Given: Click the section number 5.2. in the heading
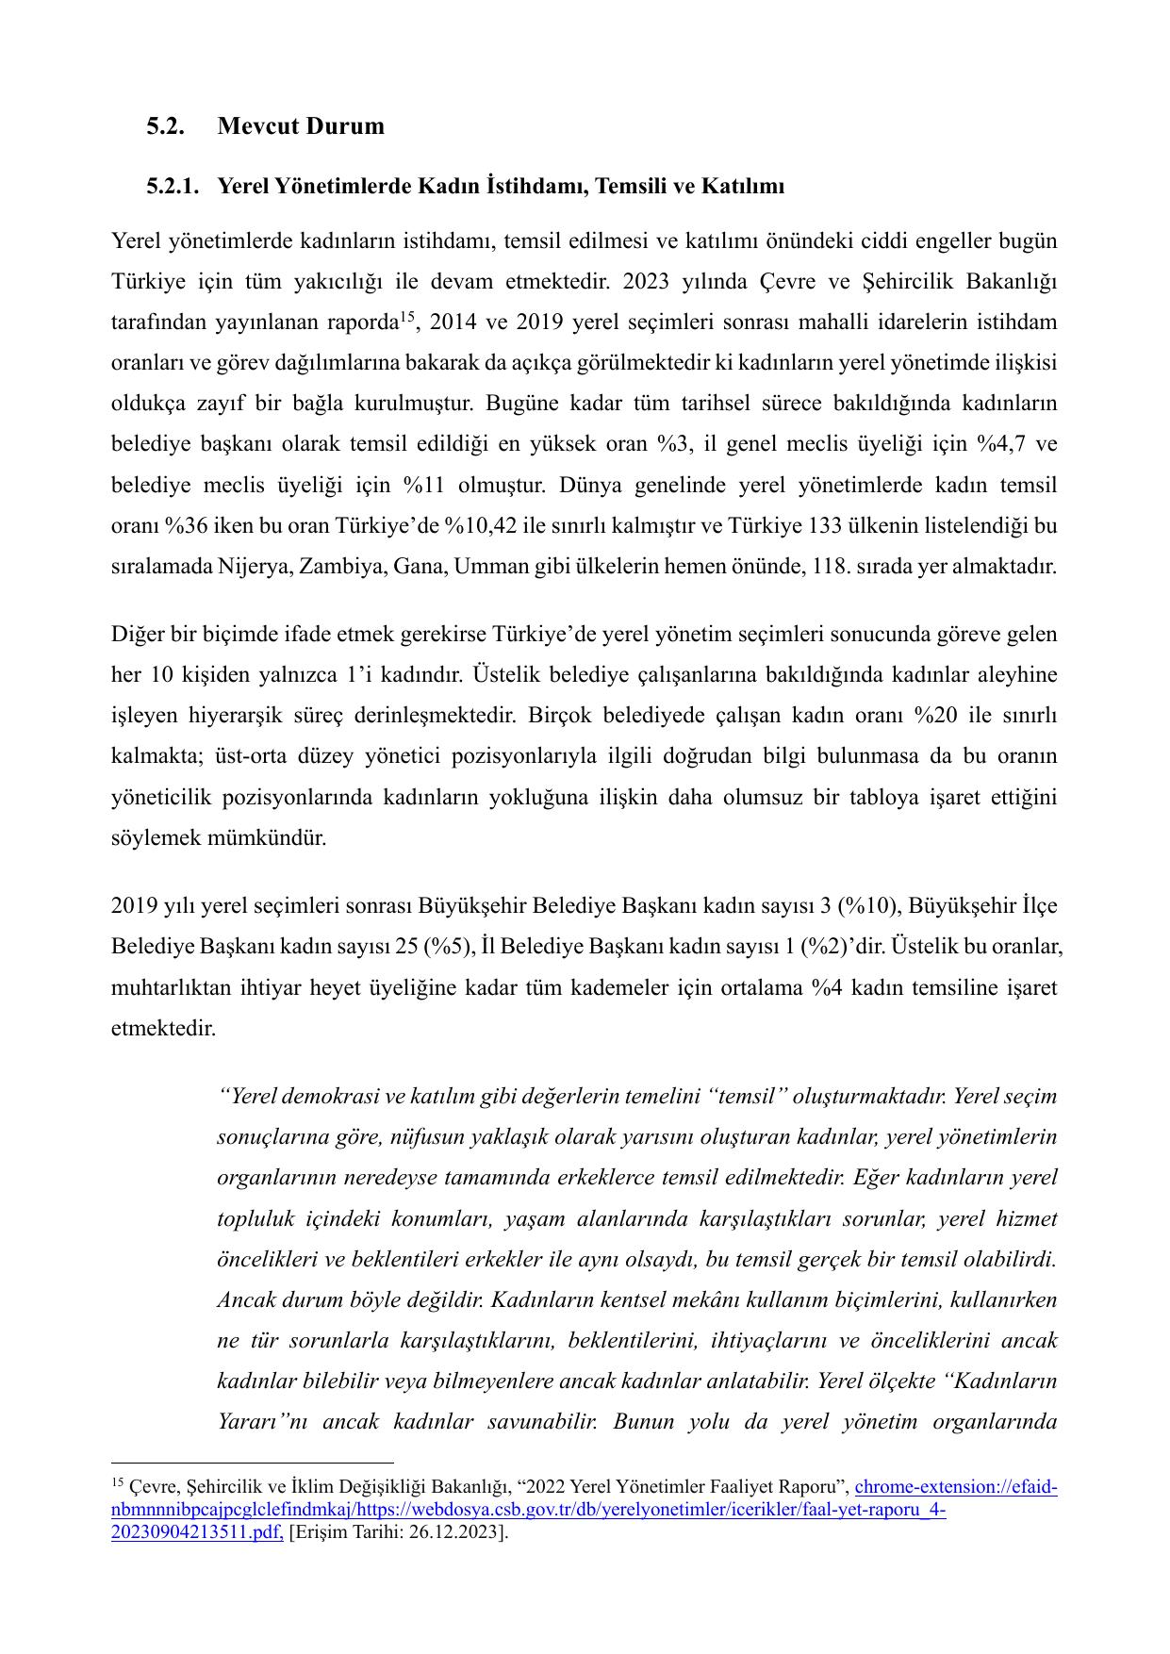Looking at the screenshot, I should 165,126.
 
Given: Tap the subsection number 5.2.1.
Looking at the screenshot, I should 173,187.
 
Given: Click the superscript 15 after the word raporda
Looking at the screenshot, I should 407,316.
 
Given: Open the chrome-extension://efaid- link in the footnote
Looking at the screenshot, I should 955,1487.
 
